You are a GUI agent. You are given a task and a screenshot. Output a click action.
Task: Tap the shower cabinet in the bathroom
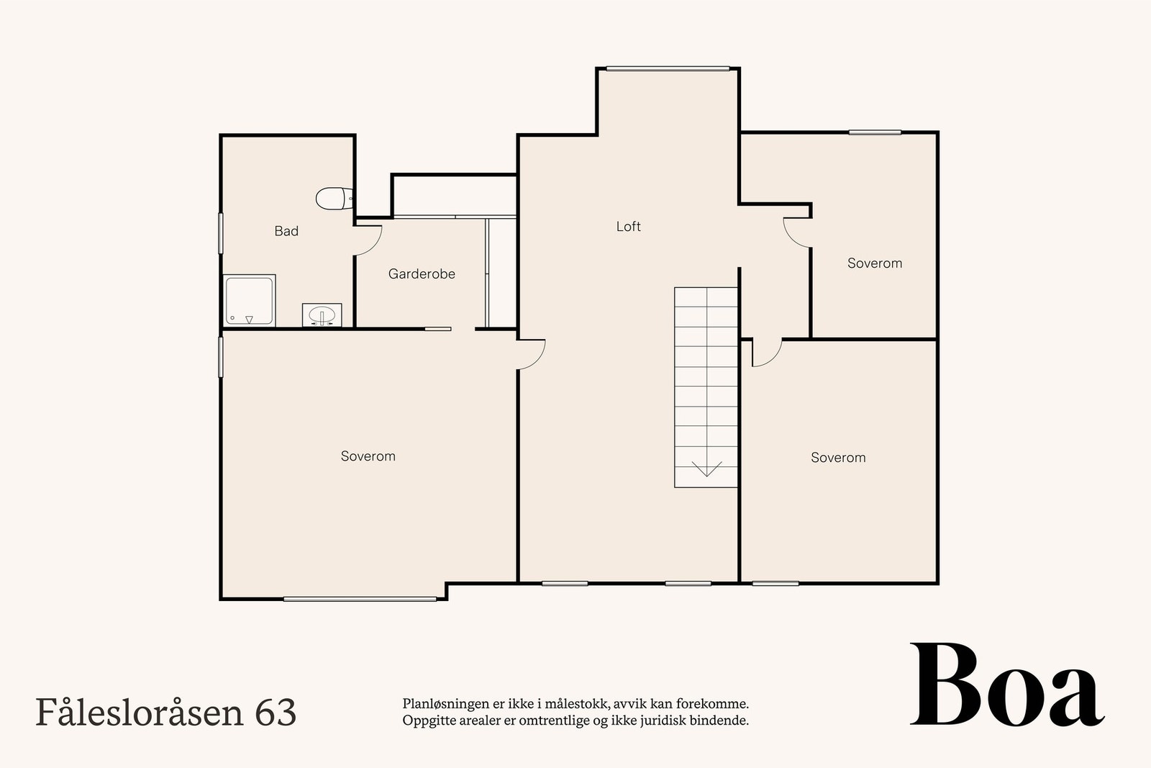tap(249, 300)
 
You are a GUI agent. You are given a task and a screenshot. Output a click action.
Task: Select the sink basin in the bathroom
tap(322, 315)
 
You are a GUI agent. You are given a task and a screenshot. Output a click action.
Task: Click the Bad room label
tap(286, 231)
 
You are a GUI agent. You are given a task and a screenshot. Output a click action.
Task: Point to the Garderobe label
tap(422, 274)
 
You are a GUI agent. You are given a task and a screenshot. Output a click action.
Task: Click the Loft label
tap(628, 226)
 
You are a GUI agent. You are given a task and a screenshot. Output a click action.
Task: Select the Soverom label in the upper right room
tap(874, 263)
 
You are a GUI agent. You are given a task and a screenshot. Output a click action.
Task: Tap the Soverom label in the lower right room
tap(838, 457)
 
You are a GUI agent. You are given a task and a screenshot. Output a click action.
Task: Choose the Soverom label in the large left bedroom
tap(368, 456)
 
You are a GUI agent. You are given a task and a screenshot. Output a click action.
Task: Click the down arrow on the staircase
tap(706, 469)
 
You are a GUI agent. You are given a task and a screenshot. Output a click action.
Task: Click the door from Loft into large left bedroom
tap(532, 354)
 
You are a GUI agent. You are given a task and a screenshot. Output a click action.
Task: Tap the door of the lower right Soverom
tap(767, 353)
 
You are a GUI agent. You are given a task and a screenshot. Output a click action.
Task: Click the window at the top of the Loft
tap(668, 69)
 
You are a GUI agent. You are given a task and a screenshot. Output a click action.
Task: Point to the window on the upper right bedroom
tap(875, 132)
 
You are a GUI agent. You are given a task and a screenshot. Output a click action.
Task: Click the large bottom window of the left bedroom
tap(360, 599)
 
